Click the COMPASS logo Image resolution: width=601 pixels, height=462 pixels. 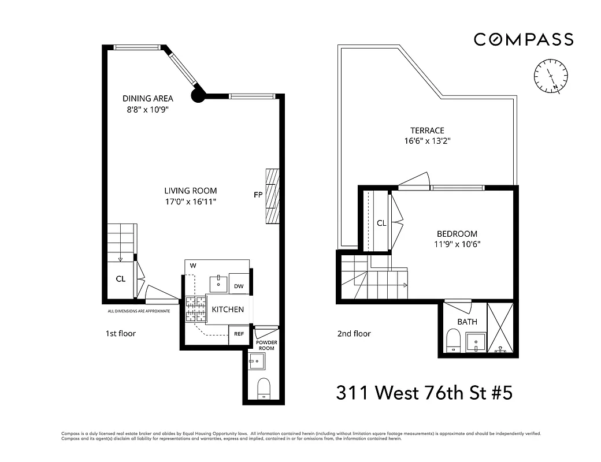point(524,39)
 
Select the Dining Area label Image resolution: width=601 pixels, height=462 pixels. point(147,98)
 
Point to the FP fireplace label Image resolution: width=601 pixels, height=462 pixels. point(258,195)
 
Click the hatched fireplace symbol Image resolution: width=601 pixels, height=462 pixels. point(273,196)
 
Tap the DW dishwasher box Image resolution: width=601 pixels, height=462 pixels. point(239,286)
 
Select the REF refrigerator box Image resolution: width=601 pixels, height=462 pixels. point(238,334)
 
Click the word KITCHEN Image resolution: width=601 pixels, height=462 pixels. point(228,310)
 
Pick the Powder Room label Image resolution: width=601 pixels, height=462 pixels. point(266,345)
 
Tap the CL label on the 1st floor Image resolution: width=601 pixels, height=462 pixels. point(120,279)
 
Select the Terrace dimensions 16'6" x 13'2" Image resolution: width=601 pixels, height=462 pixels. point(428,140)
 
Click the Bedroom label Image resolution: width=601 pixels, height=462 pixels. point(457,234)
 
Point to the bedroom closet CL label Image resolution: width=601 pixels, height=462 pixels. point(381,223)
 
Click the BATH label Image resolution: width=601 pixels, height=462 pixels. point(467,322)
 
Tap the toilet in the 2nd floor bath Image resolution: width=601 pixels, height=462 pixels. point(453,340)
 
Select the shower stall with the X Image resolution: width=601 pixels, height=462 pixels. point(500,327)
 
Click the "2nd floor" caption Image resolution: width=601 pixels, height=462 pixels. point(354,334)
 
